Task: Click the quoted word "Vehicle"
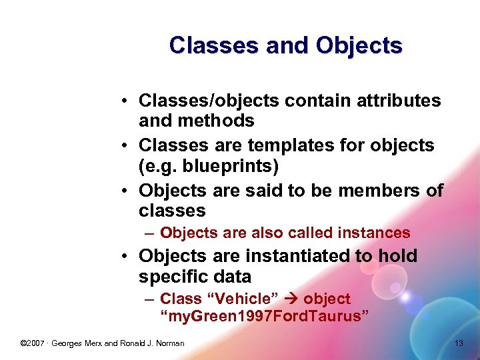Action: coord(241,299)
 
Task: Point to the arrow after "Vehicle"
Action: coord(291,299)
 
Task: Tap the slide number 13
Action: coord(458,343)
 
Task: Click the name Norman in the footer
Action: coord(169,343)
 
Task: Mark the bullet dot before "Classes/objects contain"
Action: coord(125,101)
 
